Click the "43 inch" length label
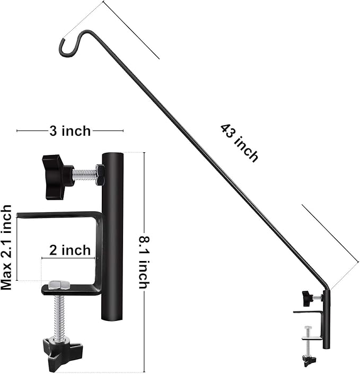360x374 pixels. pyautogui.click(x=240, y=143)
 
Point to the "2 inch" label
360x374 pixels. pyautogui.click(x=70, y=250)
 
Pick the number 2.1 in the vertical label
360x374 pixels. pyautogui.click(x=6, y=250)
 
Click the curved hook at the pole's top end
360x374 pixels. pyautogui.click(x=69, y=46)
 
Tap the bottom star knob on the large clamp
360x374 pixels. pyautogui.click(x=62, y=350)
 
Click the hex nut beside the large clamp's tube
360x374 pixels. pyautogui.click(x=100, y=175)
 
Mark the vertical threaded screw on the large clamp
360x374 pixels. pyautogui.click(x=60, y=316)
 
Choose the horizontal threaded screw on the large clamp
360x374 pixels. pyautogui.click(x=84, y=175)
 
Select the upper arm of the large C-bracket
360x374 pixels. pyautogui.click(x=58, y=215)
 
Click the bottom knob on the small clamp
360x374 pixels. pyautogui.click(x=309, y=360)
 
